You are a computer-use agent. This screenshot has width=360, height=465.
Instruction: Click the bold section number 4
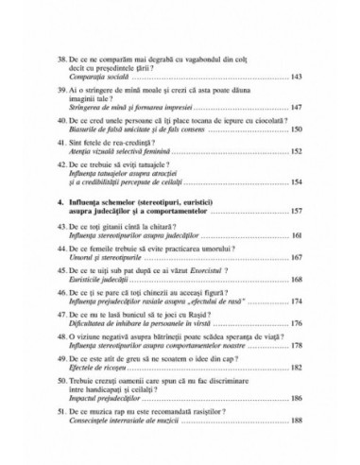tap(60, 201)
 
